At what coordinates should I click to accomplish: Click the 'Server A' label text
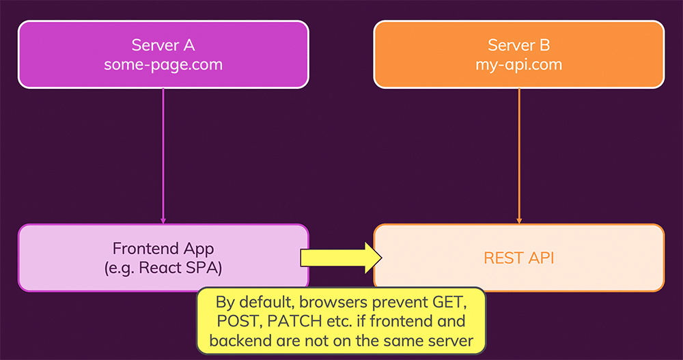(163, 45)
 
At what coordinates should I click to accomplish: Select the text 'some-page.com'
(163, 65)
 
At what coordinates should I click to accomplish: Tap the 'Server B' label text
(519, 45)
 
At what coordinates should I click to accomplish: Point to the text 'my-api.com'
(519, 65)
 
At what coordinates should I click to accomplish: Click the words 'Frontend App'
(163, 248)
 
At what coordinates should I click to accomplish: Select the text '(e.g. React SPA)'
(163, 268)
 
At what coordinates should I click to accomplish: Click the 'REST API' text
(519, 258)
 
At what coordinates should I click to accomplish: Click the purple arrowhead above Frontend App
(163, 221)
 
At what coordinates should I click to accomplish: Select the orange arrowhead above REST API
(519, 221)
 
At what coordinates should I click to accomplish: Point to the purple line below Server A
(163, 150)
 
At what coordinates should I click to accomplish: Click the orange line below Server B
(519, 150)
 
